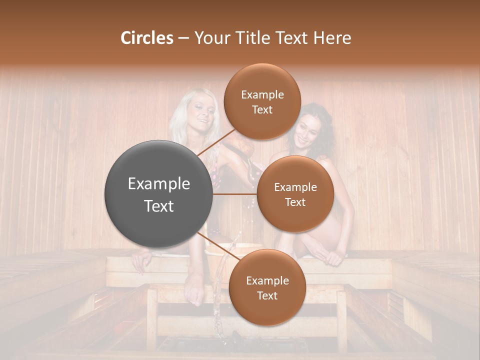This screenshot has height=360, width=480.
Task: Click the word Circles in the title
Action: [146, 38]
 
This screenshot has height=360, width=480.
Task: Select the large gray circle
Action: [158, 194]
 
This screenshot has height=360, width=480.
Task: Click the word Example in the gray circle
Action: [158, 184]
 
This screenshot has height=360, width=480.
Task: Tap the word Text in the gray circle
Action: [158, 206]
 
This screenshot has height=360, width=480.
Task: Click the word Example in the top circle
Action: [262, 95]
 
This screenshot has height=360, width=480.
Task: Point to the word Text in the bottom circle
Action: [267, 295]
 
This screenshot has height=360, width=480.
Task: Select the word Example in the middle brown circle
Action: [295, 187]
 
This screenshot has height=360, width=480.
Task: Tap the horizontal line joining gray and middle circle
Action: [234, 194]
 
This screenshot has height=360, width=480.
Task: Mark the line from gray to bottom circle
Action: [217, 247]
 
